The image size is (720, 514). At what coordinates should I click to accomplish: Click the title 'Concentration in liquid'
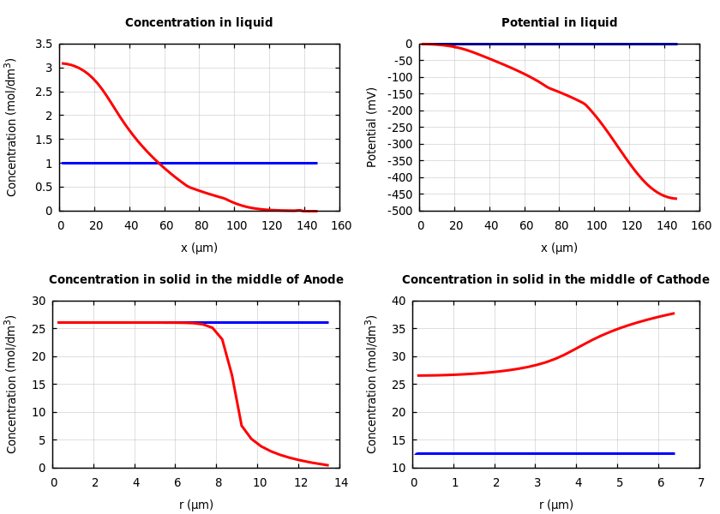[x=199, y=23]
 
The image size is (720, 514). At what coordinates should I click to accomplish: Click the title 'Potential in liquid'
[x=559, y=23]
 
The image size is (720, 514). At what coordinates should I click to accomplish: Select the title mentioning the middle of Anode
[x=196, y=280]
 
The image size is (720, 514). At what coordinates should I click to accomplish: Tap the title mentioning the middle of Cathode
[x=555, y=280]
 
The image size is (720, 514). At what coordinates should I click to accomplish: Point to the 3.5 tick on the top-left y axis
[x=43, y=44]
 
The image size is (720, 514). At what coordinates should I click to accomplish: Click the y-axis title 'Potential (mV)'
[x=372, y=127]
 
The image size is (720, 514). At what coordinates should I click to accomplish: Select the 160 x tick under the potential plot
[x=701, y=225]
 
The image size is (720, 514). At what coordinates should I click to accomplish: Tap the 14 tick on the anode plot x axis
[x=340, y=482]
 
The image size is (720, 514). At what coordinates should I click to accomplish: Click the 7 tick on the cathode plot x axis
[x=700, y=482]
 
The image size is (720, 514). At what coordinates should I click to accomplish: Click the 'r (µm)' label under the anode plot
[x=196, y=505]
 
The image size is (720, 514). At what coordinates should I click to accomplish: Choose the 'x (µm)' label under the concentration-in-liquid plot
[x=199, y=248]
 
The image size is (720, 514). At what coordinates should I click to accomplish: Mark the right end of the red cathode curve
[x=674, y=313]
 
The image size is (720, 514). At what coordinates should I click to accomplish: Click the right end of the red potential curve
[x=676, y=199]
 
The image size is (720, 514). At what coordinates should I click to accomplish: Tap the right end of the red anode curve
[x=328, y=465]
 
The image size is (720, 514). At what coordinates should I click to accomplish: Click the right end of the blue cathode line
[x=674, y=453]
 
